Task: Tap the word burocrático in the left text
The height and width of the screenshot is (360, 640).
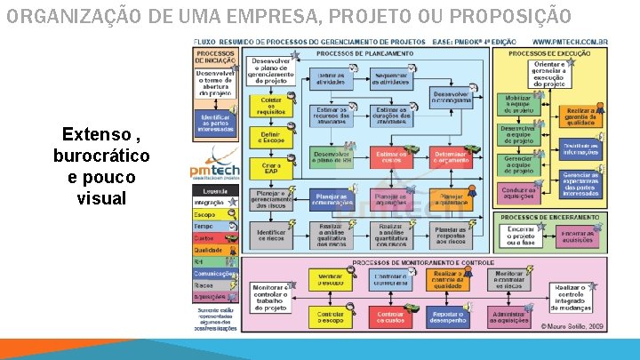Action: [101, 156]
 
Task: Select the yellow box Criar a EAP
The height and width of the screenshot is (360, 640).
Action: [271, 168]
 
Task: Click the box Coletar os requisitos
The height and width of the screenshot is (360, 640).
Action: [271, 105]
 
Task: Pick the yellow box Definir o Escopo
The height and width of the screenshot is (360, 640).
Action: [271, 137]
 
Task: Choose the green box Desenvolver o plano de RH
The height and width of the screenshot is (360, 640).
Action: [332, 157]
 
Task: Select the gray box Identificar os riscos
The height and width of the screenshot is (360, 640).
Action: [271, 235]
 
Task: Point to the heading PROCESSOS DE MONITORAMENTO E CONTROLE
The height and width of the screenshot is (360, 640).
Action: [423, 263]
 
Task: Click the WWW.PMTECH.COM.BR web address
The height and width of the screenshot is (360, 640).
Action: [569, 42]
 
